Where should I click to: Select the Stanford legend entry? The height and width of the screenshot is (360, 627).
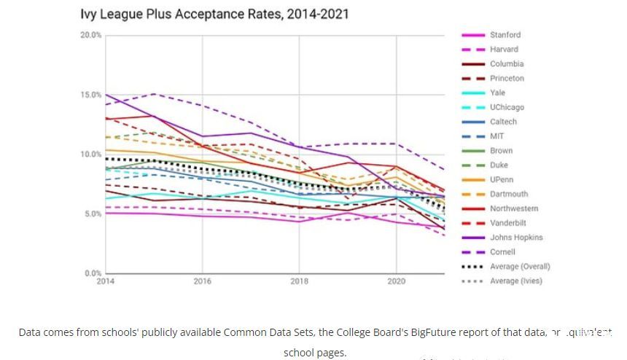[505, 35]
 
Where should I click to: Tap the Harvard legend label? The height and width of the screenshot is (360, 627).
[504, 50]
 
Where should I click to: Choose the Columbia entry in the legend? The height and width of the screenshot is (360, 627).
[506, 64]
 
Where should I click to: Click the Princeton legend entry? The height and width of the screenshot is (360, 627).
[507, 79]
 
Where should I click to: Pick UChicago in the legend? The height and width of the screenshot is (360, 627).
[507, 107]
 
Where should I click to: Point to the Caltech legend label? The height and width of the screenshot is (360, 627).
[503, 122]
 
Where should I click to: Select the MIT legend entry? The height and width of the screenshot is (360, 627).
[496, 136]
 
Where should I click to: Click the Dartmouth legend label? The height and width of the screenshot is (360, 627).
[509, 195]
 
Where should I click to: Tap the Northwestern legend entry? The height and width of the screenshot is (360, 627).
[513, 209]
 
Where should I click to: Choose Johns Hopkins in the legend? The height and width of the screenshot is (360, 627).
[515, 238]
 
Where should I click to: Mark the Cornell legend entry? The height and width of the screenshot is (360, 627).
[502, 252]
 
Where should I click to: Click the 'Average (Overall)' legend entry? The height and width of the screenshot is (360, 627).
[519, 267]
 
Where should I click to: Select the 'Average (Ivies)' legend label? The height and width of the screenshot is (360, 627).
[515, 281]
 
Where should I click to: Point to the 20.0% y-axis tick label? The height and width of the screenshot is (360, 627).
[91, 35]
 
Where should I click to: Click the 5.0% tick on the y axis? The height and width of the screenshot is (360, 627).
[93, 214]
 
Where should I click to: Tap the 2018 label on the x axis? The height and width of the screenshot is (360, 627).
[299, 281]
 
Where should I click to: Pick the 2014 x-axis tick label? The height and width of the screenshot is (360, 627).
[105, 281]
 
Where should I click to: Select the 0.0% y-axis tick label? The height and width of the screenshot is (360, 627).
[93, 273]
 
